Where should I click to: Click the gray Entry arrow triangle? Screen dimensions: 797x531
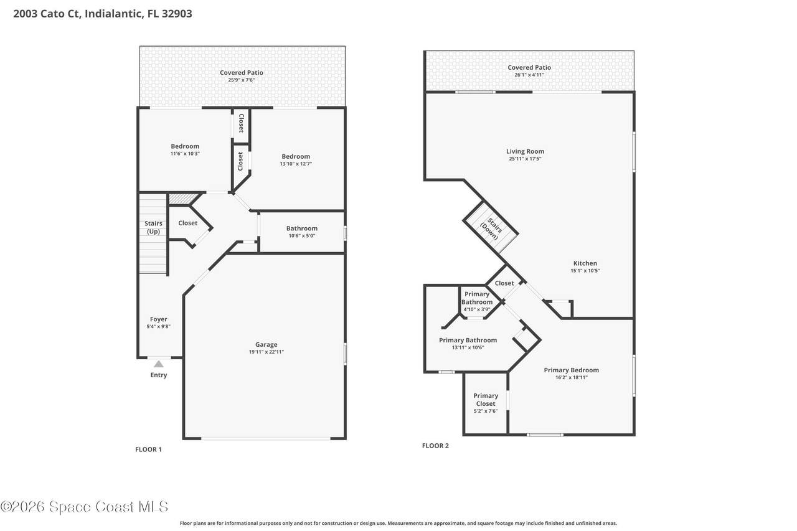[159, 364]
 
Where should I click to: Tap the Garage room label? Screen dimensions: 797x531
[266, 344]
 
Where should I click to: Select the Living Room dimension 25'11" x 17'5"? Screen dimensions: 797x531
[525, 159]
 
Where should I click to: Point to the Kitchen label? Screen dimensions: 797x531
[585, 263]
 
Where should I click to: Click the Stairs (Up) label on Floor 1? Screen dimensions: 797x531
[153, 227]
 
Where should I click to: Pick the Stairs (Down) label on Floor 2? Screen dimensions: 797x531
[491, 228]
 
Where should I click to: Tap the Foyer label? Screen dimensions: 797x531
[159, 319]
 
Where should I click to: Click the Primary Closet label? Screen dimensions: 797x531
[486, 400]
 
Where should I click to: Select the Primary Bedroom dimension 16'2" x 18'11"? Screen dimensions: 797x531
[572, 377]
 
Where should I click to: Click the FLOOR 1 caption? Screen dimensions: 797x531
[148, 449]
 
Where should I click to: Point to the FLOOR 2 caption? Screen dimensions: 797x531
[435, 446]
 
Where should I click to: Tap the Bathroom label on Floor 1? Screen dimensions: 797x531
[302, 228]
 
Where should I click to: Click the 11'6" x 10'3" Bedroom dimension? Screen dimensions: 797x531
[185, 154]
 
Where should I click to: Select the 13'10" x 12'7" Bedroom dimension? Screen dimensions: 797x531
[296, 164]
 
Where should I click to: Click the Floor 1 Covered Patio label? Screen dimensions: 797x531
[242, 73]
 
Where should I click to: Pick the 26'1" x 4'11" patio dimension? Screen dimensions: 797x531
[529, 75]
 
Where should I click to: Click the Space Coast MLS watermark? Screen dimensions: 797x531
[84, 507]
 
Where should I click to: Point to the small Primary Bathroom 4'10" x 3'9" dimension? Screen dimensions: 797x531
[477, 309]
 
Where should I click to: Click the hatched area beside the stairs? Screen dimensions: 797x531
[182, 199]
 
